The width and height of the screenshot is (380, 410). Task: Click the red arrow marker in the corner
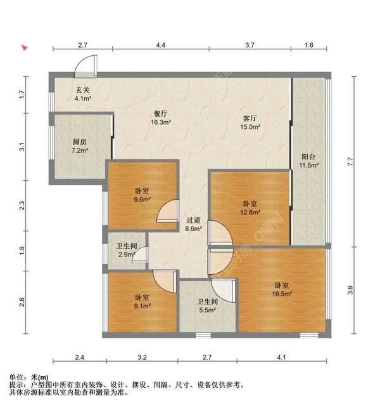tap(25, 48)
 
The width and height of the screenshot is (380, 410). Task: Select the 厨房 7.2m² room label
tap(80, 146)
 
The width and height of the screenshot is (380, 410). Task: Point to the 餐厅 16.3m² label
tap(161, 118)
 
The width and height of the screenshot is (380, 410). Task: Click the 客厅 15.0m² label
tap(250, 122)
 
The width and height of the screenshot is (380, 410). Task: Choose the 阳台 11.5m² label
tap(309, 161)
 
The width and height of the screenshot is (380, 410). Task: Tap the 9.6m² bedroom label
tap(142, 195)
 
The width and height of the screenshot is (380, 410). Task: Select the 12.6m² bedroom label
tap(250, 208)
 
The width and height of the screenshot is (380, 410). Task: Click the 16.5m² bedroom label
tap(282, 289)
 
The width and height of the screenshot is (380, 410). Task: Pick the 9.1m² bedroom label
tap(142, 301)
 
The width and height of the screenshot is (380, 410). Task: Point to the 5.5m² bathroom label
tap(207, 306)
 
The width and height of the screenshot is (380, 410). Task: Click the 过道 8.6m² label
tap(193, 224)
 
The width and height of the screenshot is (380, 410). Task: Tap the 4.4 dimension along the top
tap(160, 45)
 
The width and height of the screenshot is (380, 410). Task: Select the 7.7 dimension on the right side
tap(350, 161)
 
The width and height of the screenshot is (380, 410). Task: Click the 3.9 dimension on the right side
tap(350, 290)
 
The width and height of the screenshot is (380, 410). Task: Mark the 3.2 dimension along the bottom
tap(142, 357)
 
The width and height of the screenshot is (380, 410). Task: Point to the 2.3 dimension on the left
tap(22, 206)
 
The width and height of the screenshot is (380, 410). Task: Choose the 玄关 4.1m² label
tap(83, 94)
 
